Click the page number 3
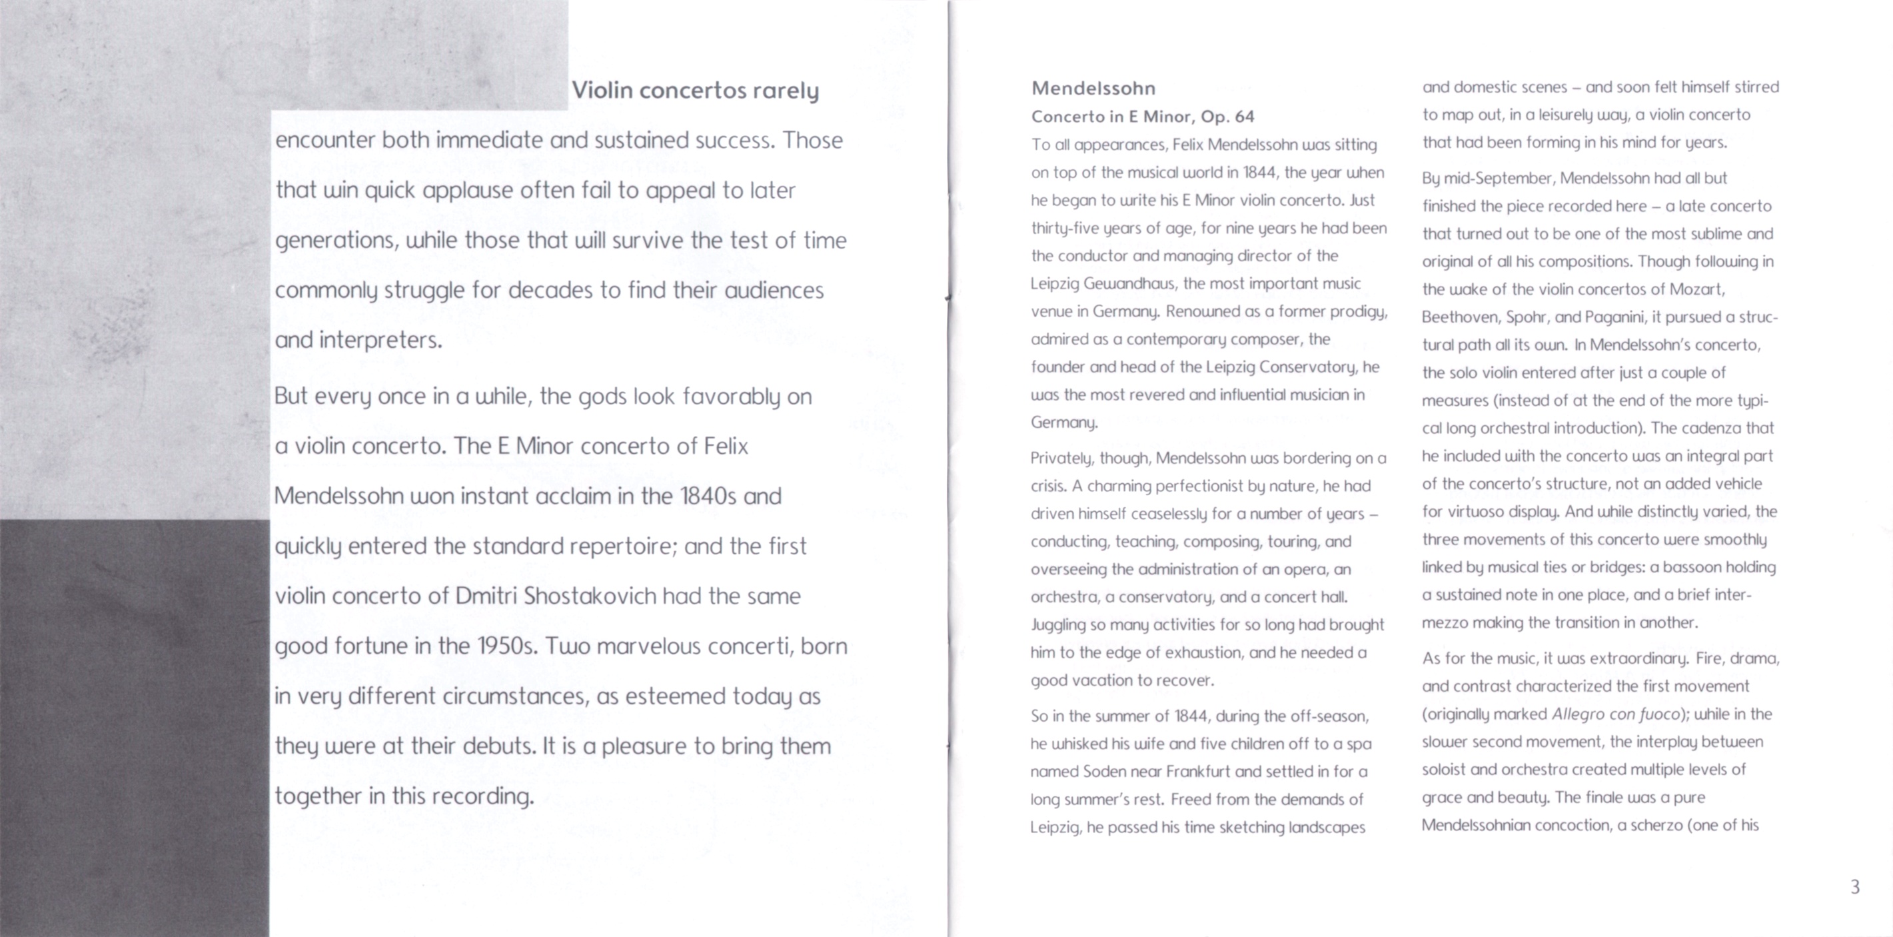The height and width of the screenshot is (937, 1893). click(x=1855, y=887)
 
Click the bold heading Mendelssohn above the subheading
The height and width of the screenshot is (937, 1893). click(x=1093, y=89)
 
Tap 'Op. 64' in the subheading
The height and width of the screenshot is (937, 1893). click(x=1228, y=117)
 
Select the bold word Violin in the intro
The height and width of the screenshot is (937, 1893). click(x=602, y=91)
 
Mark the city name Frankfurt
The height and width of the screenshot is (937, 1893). click(x=1198, y=772)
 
